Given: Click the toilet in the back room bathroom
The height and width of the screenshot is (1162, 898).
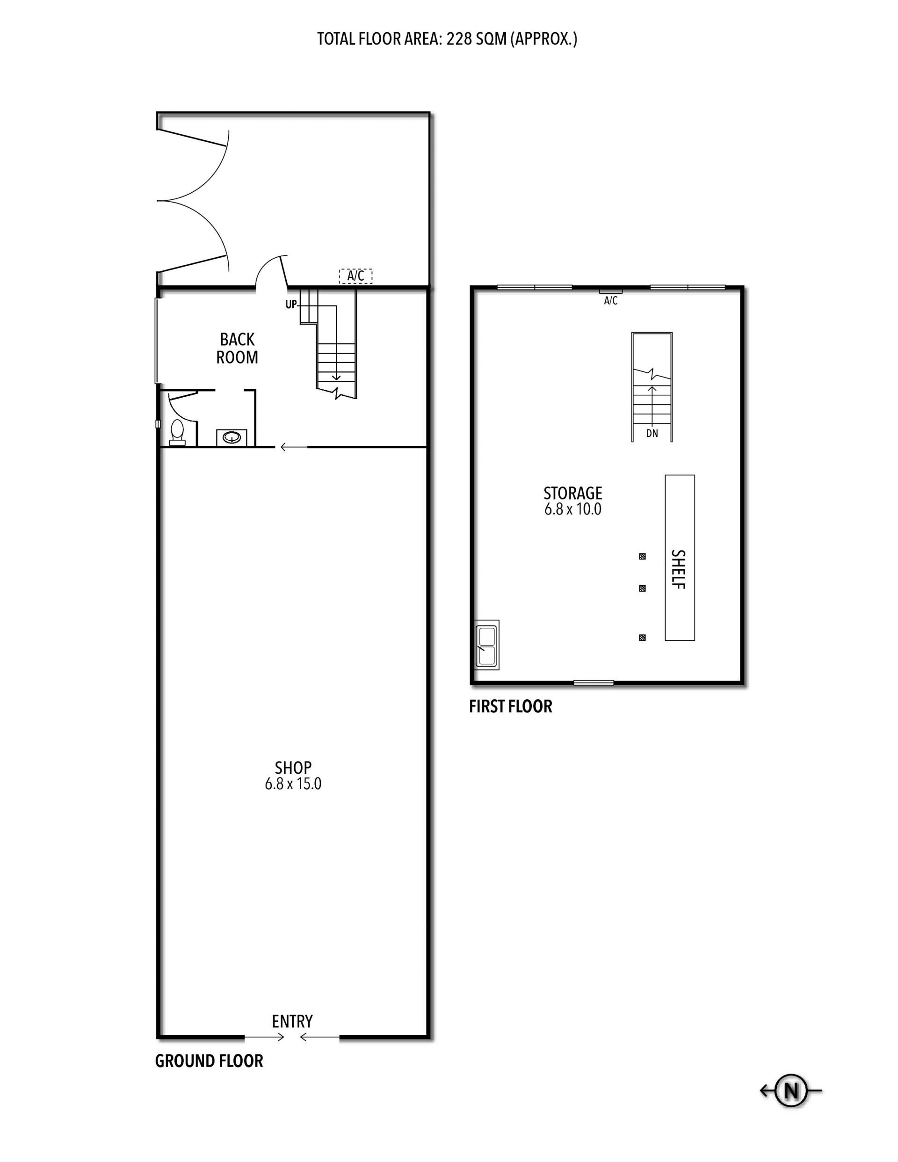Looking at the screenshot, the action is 177,433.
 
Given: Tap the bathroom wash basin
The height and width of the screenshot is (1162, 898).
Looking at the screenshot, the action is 232,437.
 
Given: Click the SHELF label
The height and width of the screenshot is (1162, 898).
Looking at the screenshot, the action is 678,569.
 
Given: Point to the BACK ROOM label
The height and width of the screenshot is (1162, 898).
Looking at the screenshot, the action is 237,348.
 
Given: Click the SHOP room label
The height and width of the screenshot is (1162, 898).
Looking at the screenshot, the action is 293,767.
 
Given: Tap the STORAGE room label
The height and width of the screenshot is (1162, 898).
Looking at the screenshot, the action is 573,493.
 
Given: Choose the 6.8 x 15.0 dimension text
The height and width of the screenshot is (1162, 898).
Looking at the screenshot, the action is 293,784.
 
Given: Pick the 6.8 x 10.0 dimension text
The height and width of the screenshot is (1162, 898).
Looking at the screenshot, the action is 573,509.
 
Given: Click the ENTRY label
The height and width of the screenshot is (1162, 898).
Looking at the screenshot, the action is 292,1021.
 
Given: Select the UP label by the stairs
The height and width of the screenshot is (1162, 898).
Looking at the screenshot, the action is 291,305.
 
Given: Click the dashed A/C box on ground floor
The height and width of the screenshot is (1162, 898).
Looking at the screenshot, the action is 356,276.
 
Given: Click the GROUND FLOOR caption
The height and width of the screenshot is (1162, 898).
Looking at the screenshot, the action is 209,1061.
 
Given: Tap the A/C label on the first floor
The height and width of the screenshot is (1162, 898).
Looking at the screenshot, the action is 611,301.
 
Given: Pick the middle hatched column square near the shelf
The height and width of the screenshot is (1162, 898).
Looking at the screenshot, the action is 643,588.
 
